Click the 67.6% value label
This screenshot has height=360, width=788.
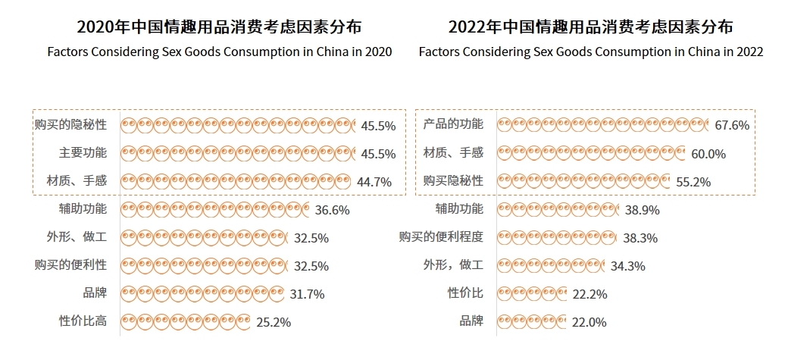point(732,125)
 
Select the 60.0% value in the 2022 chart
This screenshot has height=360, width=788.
point(708,153)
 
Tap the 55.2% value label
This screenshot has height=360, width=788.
point(694,181)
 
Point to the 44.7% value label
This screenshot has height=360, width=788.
point(374,181)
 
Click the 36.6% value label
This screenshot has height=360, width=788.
point(332,210)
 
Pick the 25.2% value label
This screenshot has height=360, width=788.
point(274,321)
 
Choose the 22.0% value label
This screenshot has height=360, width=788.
point(589,321)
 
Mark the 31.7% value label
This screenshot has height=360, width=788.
point(307,293)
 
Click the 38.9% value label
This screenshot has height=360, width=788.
point(642,210)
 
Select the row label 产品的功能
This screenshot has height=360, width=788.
point(453,124)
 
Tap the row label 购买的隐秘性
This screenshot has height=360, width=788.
point(70,124)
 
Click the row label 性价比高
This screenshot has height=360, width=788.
point(83,321)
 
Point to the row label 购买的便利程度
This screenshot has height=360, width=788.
point(441,236)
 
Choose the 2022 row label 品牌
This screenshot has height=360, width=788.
point(471,321)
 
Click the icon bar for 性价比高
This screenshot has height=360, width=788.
point(185,321)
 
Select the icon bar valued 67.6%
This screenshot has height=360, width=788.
point(603,124)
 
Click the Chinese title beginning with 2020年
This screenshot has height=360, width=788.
point(219,27)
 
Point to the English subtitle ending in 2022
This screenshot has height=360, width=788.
point(590,52)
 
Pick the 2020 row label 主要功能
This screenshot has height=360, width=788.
point(83,152)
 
